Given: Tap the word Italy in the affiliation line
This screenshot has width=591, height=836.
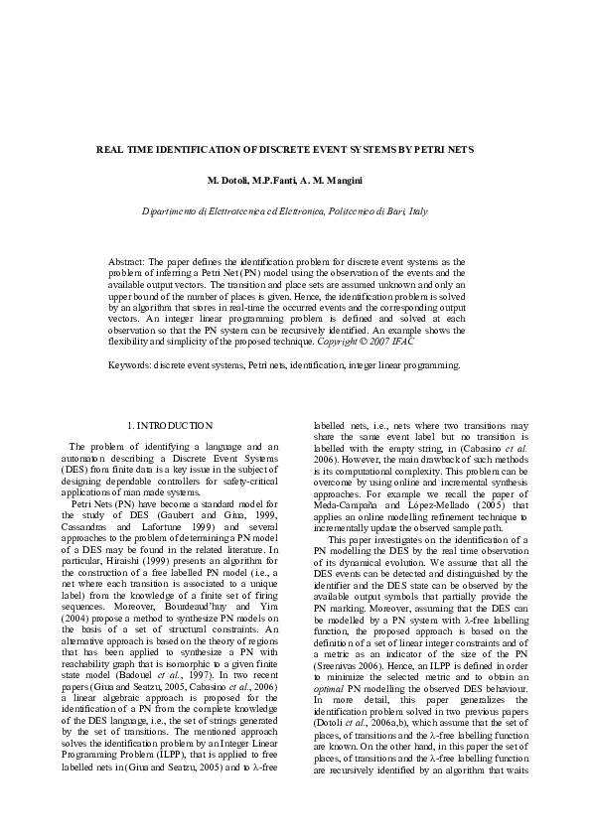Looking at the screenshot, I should point(417,211).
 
